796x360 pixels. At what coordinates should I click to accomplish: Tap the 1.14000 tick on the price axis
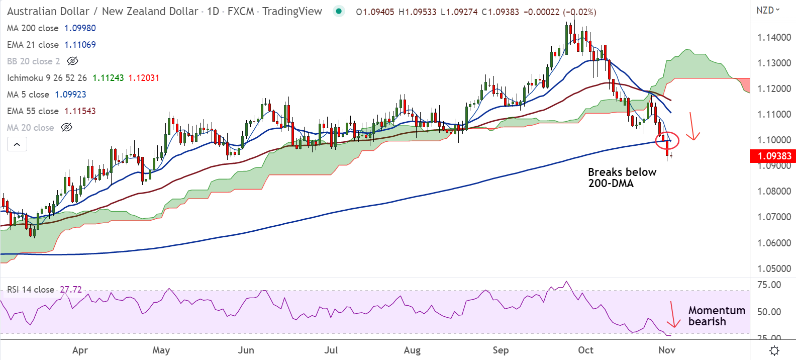[x=774, y=37]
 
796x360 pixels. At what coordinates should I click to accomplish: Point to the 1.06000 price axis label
[x=774, y=243]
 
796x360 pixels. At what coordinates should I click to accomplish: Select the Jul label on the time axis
[x=331, y=350]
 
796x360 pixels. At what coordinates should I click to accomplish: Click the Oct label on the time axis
[x=585, y=350]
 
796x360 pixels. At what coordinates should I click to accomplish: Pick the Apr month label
[x=80, y=350]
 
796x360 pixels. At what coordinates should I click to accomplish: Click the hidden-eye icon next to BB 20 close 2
[x=72, y=61]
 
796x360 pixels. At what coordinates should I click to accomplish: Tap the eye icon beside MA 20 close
[x=66, y=128]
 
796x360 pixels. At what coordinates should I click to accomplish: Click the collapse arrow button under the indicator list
[x=17, y=144]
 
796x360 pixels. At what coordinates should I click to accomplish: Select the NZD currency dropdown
[x=768, y=10]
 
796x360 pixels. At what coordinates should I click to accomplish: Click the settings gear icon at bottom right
[x=774, y=350]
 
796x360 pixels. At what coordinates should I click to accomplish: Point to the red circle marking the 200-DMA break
[x=667, y=140]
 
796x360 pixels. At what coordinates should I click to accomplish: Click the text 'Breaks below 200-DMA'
[x=622, y=177]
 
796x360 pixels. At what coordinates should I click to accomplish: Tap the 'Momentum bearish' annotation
[x=716, y=316]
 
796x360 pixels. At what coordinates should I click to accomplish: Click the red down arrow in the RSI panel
[x=672, y=315]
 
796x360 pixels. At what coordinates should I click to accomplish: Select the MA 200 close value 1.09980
[x=80, y=28]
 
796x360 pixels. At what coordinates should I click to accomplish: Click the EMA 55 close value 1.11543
[x=80, y=111]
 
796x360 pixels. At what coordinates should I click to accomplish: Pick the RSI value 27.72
[x=71, y=290]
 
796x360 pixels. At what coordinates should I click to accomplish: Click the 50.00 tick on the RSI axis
[x=769, y=312]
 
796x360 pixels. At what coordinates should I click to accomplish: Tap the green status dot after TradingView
[x=339, y=11]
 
